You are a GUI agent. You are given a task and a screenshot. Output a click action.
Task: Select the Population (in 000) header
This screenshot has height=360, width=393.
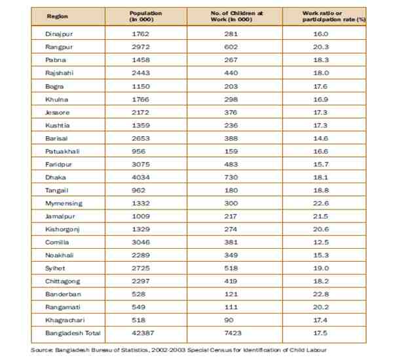tap(142, 16)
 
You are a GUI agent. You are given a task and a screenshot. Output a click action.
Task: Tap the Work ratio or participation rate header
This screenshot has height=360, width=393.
tap(324, 16)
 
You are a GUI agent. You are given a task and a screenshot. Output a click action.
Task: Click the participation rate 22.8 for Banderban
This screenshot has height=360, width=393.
tap(321, 293)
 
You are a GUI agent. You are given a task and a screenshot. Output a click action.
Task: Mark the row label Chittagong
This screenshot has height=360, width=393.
tap(62, 280)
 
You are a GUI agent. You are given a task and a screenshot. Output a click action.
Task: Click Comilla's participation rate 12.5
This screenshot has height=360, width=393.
tap(321, 242)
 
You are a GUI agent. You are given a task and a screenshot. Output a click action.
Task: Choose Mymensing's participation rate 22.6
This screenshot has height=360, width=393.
tap(321, 203)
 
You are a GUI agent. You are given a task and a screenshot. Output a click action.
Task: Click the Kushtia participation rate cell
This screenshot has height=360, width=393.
tap(321, 124)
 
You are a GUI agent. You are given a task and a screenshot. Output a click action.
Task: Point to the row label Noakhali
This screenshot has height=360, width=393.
tap(59, 255)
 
